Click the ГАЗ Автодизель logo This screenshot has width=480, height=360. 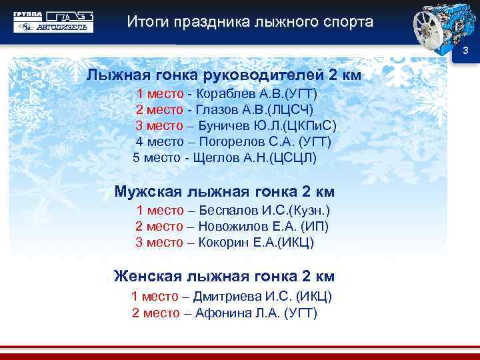(x=54, y=22)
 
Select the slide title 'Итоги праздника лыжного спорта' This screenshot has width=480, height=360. (x=250, y=22)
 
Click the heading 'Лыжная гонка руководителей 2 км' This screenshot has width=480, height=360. (x=223, y=75)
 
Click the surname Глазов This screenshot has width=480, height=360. (x=217, y=109)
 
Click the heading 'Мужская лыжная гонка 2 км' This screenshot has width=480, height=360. (x=224, y=193)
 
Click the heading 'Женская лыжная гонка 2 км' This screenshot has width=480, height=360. (x=224, y=276)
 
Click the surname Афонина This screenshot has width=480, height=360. (x=221, y=313)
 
